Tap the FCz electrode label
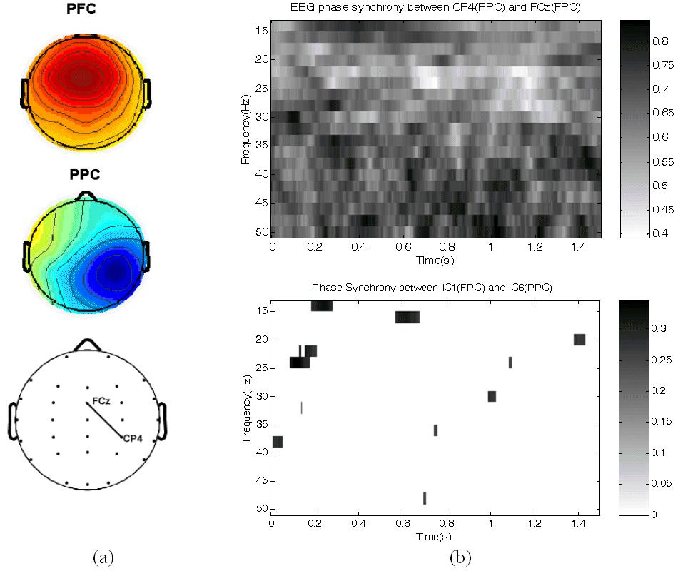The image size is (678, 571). [101, 402]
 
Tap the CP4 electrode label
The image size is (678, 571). [133, 438]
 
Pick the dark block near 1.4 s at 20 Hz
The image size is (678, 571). [580, 340]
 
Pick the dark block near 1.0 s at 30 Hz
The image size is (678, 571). [492, 396]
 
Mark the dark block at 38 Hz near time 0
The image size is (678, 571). [278, 442]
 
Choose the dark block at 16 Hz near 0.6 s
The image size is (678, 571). [407, 318]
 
